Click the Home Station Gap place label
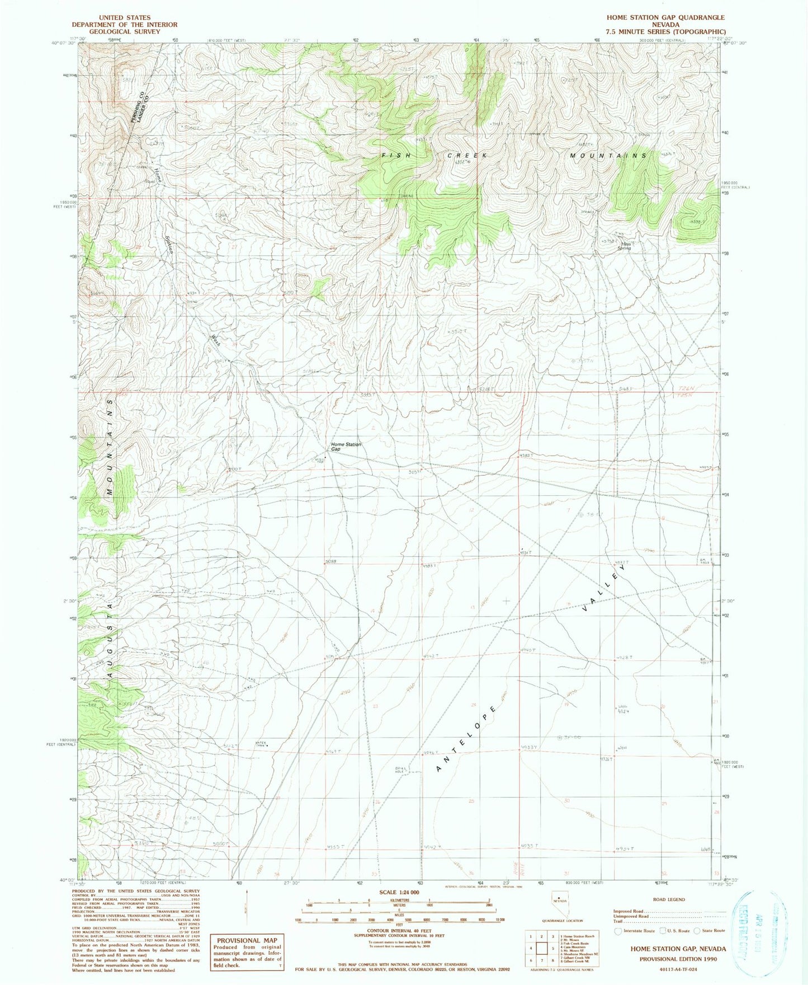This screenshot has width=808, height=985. click(x=346, y=447)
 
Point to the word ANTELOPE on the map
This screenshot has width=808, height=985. click(x=466, y=739)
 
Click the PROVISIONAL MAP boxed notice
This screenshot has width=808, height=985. click(x=247, y=951)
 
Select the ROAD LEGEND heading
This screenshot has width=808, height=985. click(x=668, y=900)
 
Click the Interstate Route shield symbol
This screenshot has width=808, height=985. click(x=618, y=931)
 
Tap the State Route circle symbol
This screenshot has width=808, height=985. click(x=697, y=931)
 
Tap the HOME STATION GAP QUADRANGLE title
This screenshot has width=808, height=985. click(x=665, y=18)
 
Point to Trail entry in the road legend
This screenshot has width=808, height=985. click(x=618, y=922)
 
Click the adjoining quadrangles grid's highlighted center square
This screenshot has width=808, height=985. click(x=542, y=949)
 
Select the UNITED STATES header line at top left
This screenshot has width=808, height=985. click(x=124, y=18)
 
